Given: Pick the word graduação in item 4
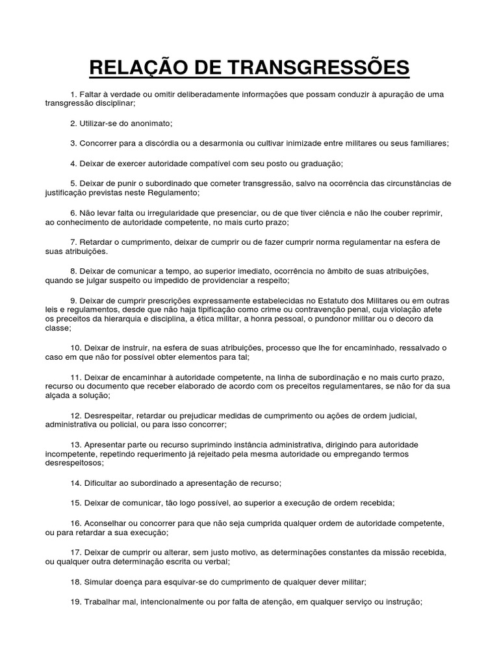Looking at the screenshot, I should (314, 163).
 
